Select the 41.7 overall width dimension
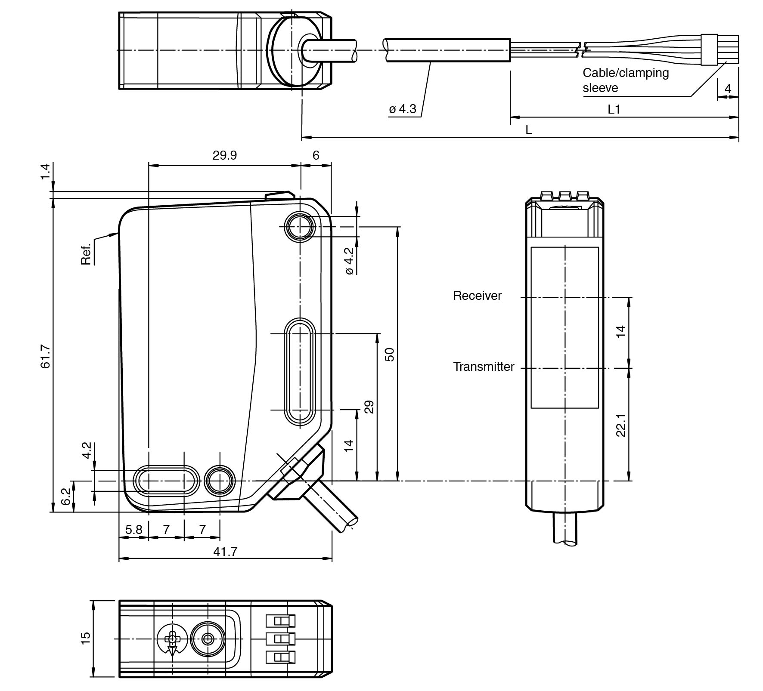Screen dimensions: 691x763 click(225, 552)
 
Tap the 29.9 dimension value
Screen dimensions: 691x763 click(224, 155)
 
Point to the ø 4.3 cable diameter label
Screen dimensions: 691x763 click(403, 109)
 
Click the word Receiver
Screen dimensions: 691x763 click(477, 296)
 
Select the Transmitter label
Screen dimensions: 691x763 click(484, 367)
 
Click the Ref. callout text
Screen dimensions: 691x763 click(86, 254)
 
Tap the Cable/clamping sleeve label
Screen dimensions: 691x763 click(625, 80)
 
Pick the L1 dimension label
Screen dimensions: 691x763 click(614, 110)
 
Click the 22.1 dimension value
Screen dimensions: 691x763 click(620, 425)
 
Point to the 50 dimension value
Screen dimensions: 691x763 click(389, 355)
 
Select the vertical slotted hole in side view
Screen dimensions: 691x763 click(300, 372)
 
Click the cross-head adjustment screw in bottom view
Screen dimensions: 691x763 click(172, 639)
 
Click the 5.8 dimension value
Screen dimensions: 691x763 click(133, 530)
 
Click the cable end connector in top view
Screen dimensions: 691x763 click(719, 49)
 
